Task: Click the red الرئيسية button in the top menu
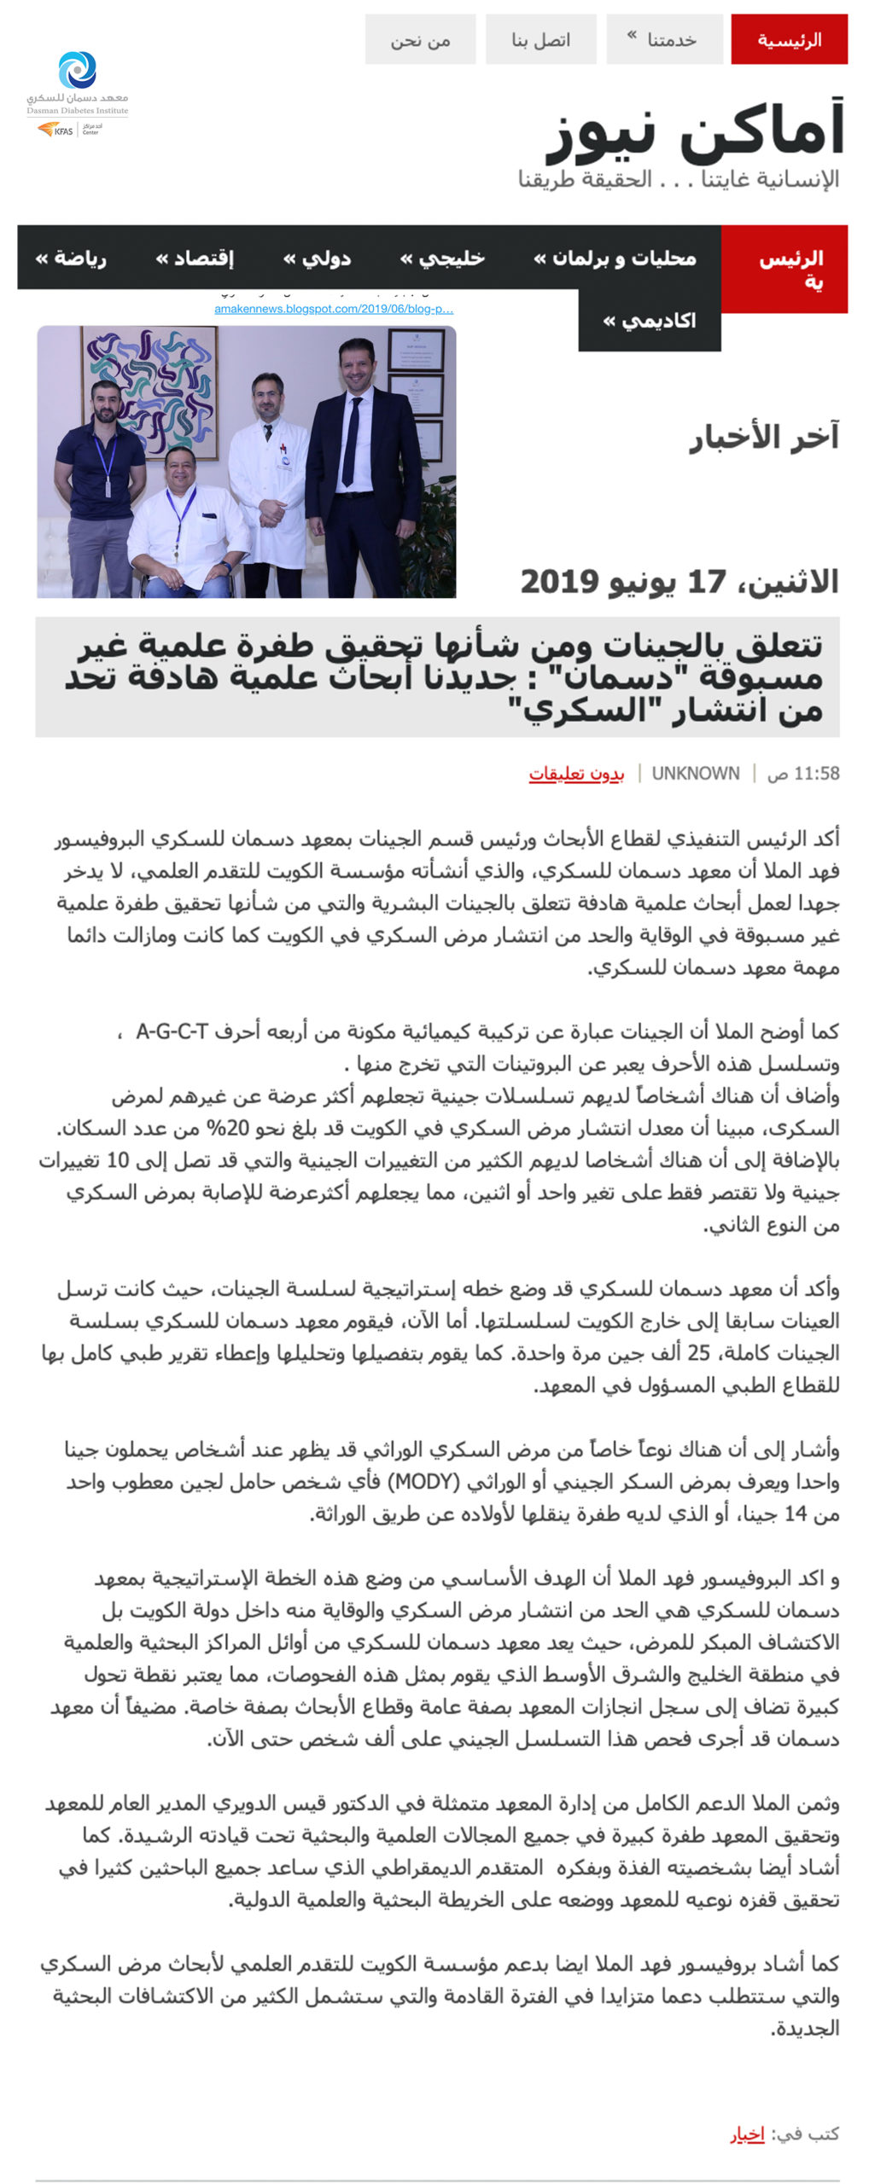tap(789, 39)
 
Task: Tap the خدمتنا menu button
tap(664, 39)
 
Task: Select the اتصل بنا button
tap(540, 39)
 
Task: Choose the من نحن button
tap(420, 39)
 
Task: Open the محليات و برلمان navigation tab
tap(615, 258)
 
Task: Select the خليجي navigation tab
tap(442, 258)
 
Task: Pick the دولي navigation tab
tap(318, 258)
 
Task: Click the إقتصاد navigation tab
tap(195, 258)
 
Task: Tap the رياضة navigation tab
tap(71, 258)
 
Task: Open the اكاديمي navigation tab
tap(650, 321)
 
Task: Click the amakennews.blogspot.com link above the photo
tap(334, 309)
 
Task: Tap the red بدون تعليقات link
tap(576, 774)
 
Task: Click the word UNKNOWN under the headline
tap(696, 774)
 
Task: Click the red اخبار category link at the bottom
tap(747, 2134)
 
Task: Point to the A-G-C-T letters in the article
tap(172, 1032)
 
